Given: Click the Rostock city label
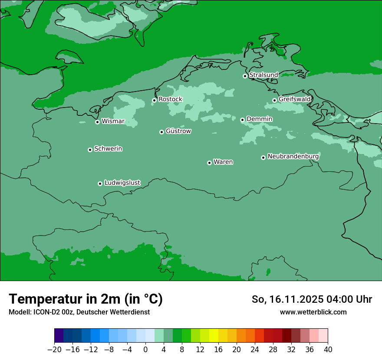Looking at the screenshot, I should coord(170,99).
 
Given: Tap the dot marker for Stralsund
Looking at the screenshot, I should coord(245,76).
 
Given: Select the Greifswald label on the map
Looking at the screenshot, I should coord(294,99).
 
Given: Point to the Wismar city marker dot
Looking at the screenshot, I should coord(97,122).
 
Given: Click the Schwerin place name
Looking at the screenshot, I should coord(108,149).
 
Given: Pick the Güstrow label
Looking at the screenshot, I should coord(178,131).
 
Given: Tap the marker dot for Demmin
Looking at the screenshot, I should coord(242,120).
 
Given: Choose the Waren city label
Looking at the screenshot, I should coord(223,162).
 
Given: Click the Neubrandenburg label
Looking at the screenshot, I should coord(293,156).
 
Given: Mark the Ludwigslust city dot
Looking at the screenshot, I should coord(100,183).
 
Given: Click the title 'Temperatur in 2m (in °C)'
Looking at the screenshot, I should coord(86,299).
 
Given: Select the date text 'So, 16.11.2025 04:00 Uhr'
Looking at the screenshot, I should coord(312,299).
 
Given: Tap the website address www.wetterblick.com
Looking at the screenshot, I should coord(313,312).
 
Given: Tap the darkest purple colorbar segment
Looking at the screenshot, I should coord(59,336).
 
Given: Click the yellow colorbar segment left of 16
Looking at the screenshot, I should coord(214,336).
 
